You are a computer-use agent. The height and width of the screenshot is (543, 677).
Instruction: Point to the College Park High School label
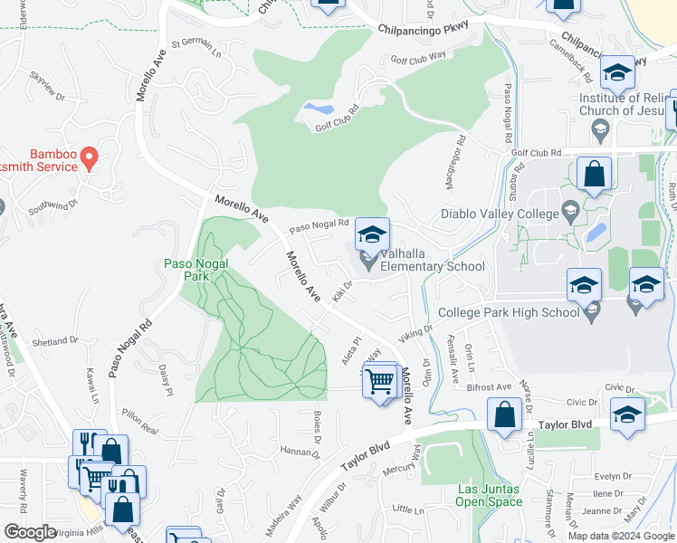pos(508,313)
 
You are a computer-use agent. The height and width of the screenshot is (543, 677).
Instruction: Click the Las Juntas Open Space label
pos(489,495)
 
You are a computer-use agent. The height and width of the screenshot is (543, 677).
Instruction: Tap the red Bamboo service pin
pos(89,159)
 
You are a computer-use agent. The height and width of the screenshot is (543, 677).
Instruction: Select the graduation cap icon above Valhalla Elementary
pos(371,235)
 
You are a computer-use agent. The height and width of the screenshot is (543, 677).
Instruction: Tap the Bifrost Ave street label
pos(490,386)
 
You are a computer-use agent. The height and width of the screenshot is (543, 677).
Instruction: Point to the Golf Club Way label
pos(418,56)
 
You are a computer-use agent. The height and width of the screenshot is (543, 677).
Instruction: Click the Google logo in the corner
pos(30,532)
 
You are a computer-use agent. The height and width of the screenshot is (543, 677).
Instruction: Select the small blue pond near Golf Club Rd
pos(318,110)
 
